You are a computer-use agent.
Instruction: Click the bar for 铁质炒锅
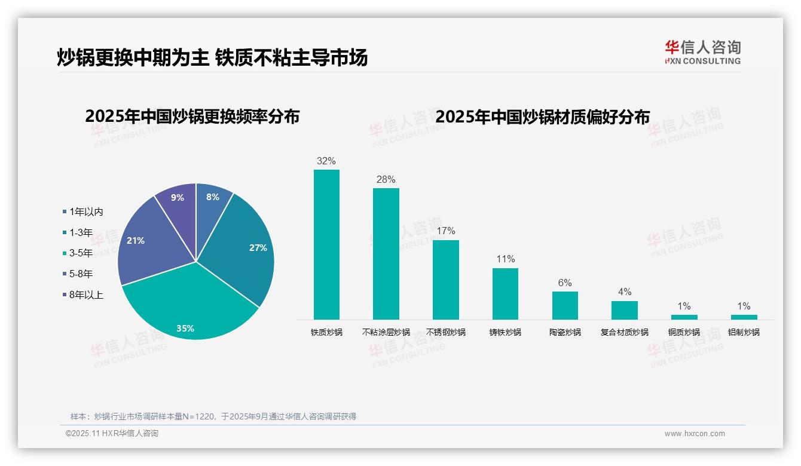pyautogui.click(x=326, y=244)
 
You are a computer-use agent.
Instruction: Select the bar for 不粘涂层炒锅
pyautogui.click(x=386, y=254)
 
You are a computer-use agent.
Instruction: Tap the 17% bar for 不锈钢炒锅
pyautogui.click(x=446, y=280)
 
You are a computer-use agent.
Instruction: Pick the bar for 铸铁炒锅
pyautogui.click(x=505, y=293)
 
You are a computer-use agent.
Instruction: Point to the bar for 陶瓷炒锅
pyautogui.click(x=565, y=305)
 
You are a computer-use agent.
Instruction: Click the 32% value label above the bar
pyautogui.click(x=326, y=161)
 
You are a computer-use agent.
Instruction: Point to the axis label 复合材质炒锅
pyautogui.click(x=625, y=332)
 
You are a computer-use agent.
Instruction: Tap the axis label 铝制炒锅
pyautogui.click(x=744, y=332)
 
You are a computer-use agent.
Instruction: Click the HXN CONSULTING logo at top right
pyautogui.click(x=703, y=53)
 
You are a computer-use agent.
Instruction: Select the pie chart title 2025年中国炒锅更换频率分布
pyautogui.click(x=192, y=116)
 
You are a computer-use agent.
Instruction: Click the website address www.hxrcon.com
pyautogui.click(x=695, y=434)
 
